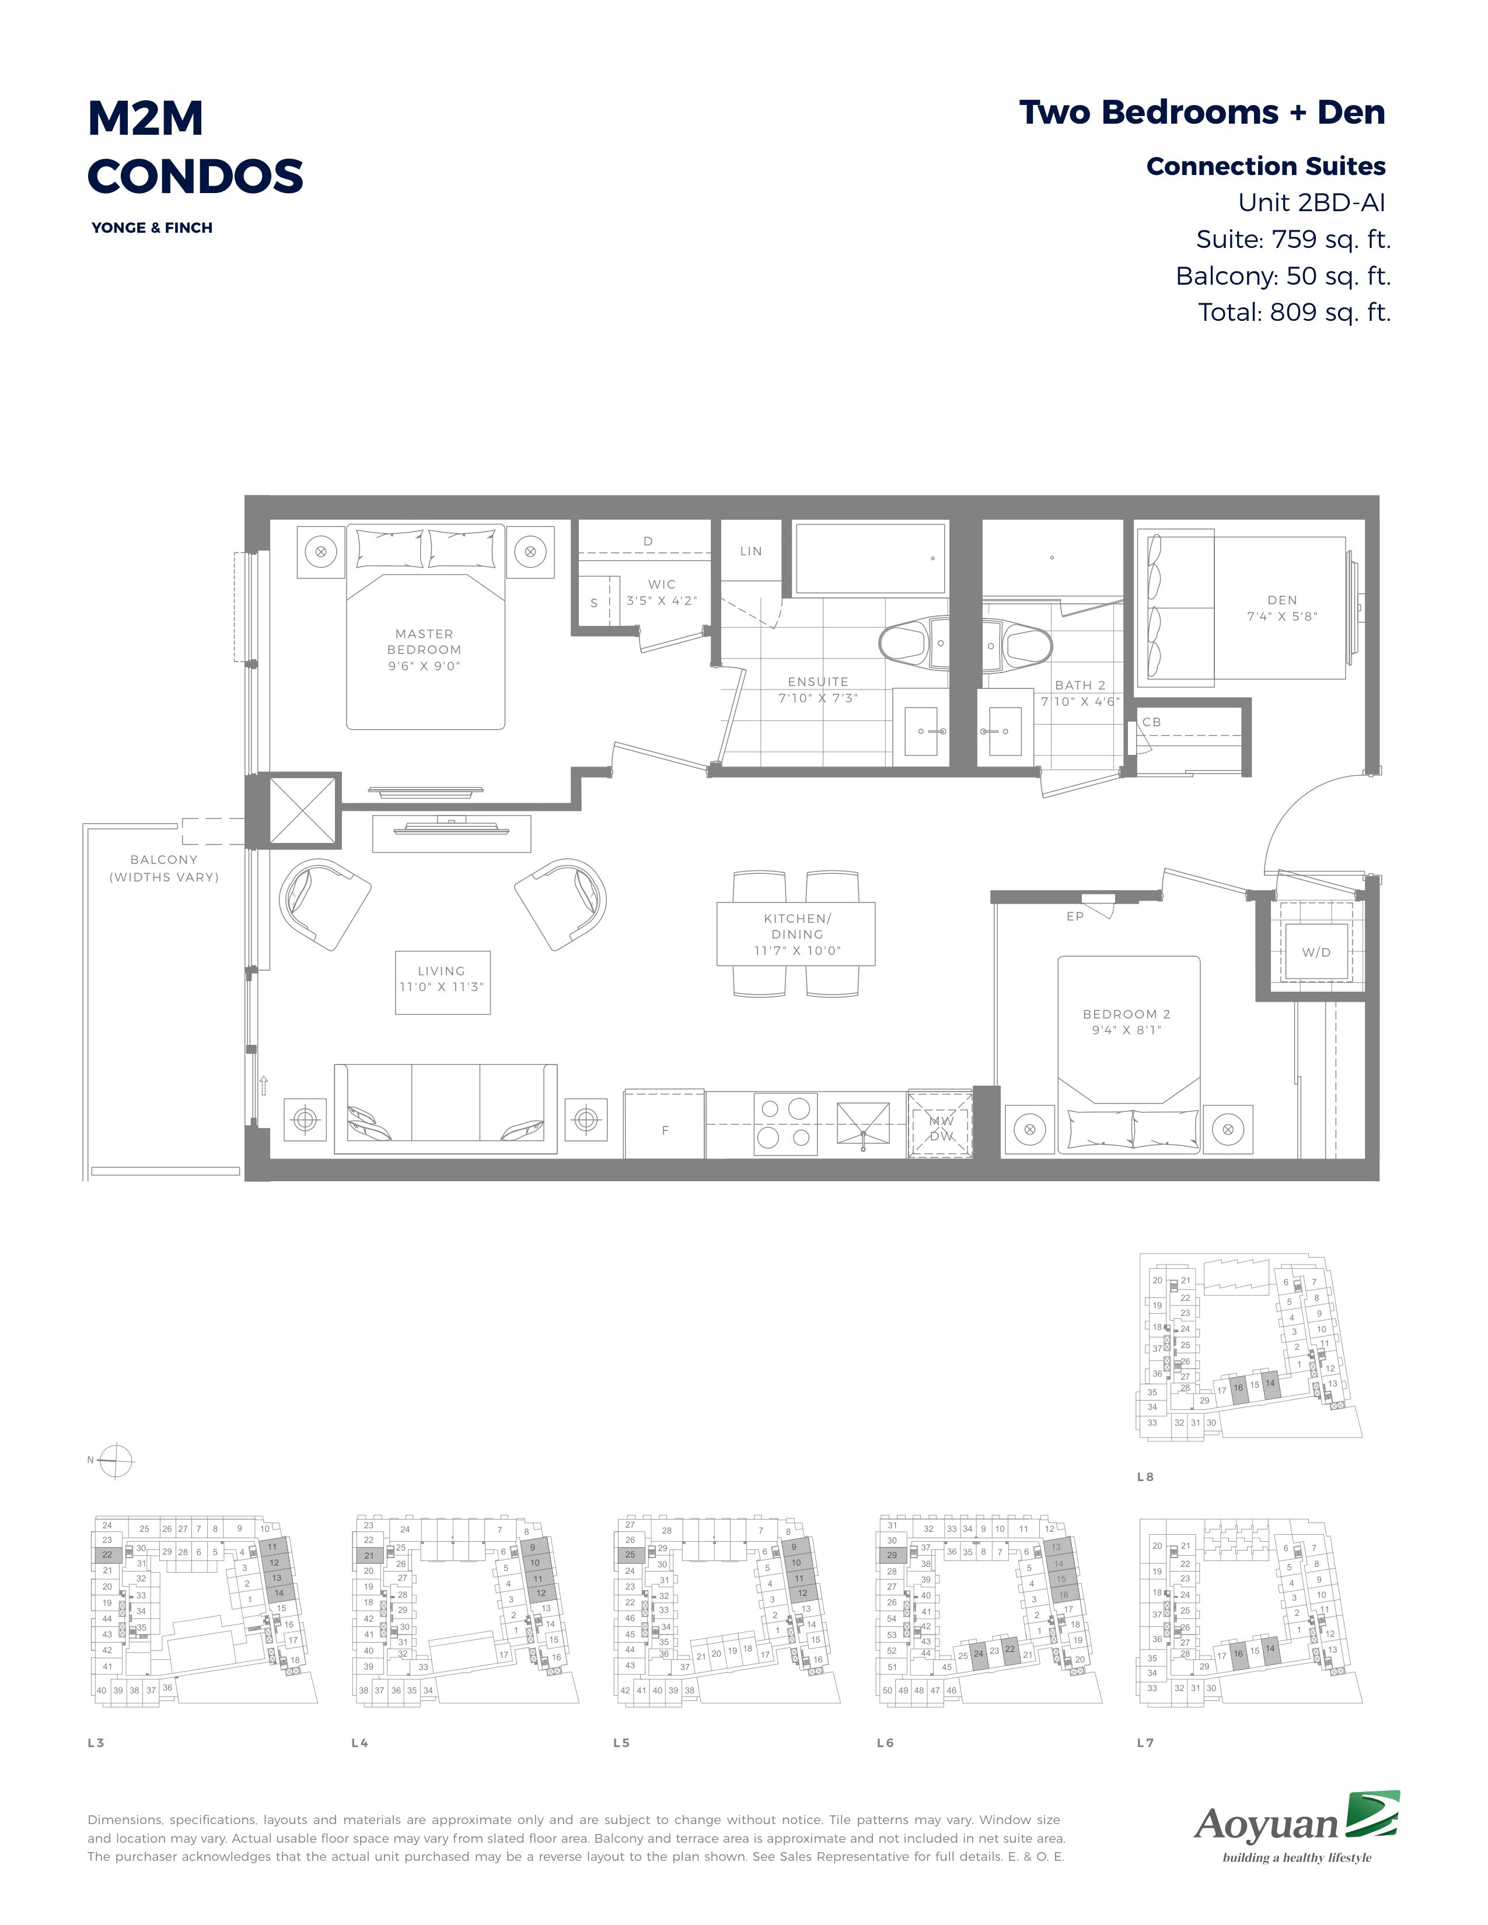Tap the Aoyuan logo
tap(1297, 1827)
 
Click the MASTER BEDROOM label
tap(424, 650)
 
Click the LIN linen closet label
tap(751, 551)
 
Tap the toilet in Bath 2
tap(1018, 643)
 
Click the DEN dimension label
tap(1282, 608)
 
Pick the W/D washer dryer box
tap(1316, 952)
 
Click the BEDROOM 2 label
tap(1127, 1021)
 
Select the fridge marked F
tap(665, 1125)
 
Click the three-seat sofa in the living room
tap(445, 1109)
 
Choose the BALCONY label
tap(164, 867)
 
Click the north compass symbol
tap(116, 1461)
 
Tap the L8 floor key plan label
tap(1145, 1476)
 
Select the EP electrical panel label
tap(1074, 916)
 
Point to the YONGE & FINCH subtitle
tap(152, 228)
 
